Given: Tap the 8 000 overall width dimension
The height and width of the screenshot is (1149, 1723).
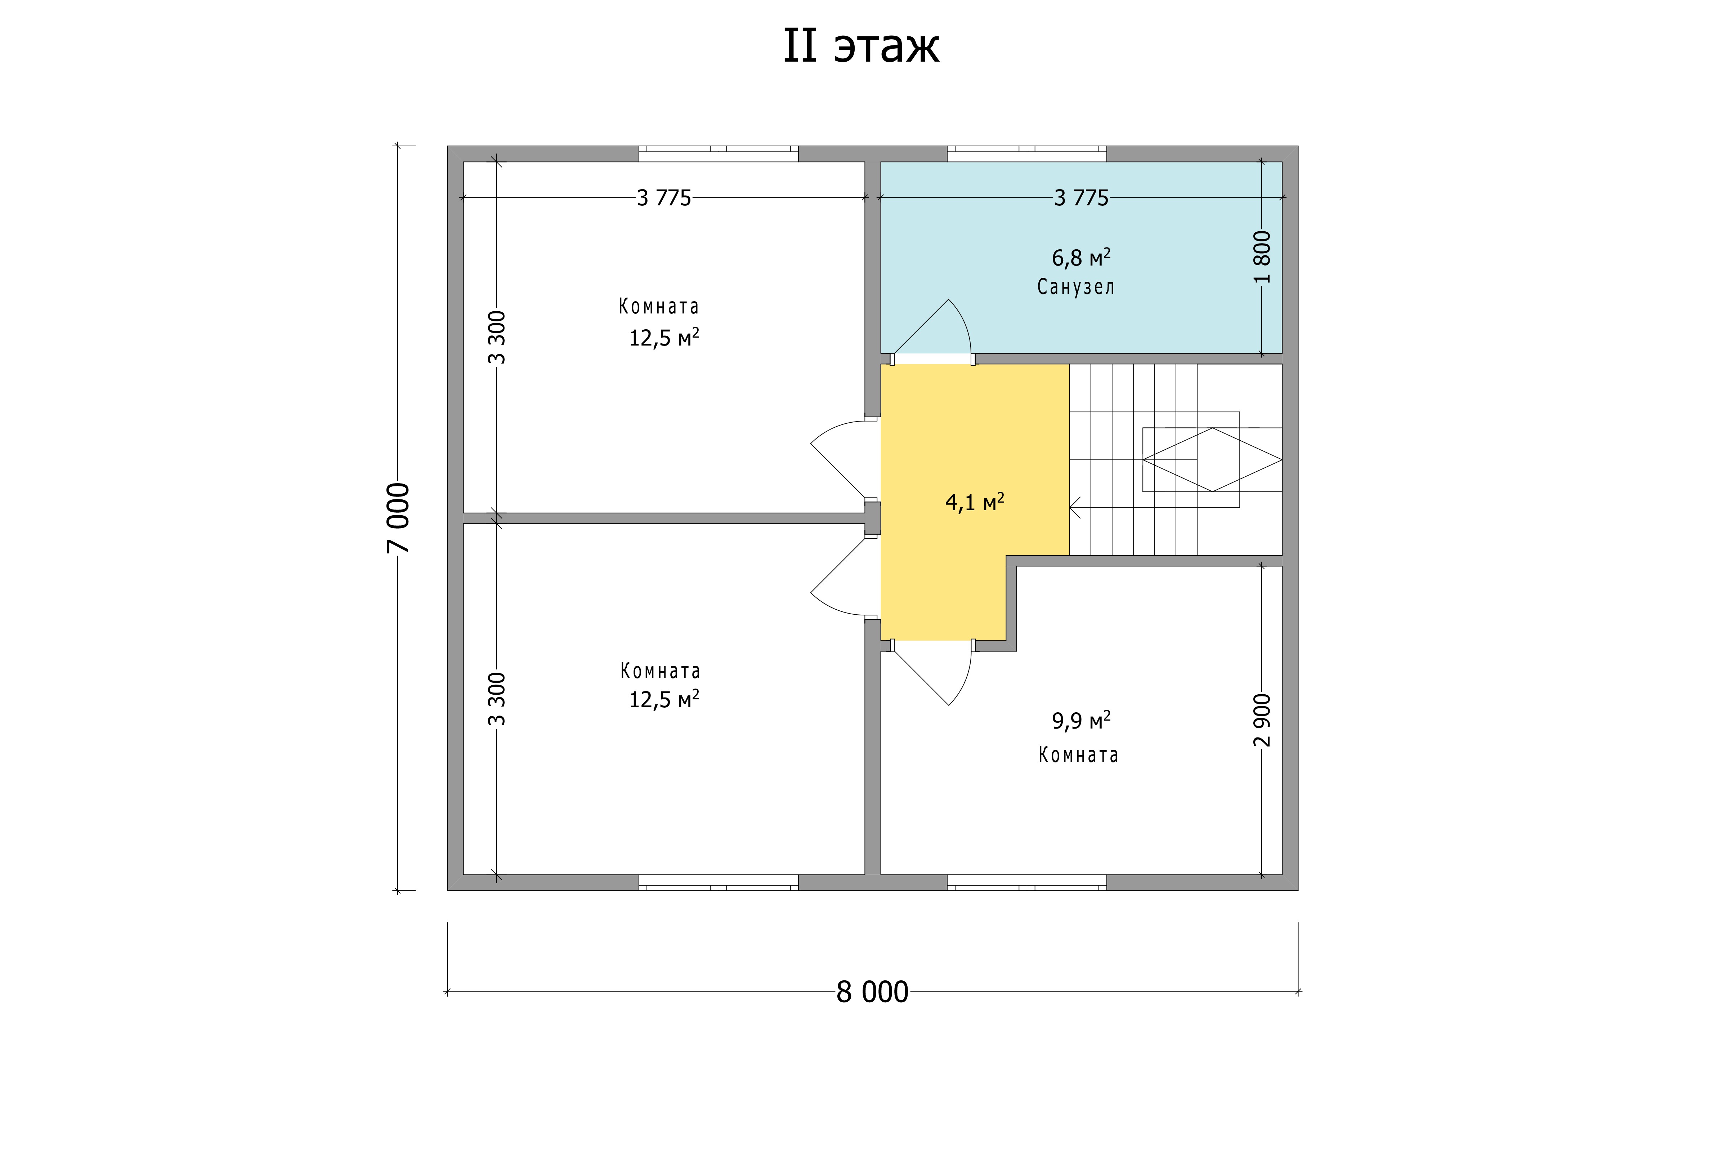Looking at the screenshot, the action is point(873,992).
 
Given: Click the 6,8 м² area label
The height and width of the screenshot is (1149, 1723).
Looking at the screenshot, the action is point(1081,257).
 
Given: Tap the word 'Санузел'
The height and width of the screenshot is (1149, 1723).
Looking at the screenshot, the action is point(1075,286).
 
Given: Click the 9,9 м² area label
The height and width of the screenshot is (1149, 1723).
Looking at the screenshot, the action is point(1081,720).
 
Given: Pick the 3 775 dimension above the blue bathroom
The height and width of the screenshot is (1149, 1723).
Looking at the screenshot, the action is point(1081,198).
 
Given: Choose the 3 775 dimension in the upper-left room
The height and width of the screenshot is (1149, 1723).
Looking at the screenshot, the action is point(664,198).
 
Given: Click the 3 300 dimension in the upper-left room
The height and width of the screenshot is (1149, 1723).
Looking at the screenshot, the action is point(497,337).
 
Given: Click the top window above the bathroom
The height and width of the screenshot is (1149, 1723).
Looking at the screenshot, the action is point(1026,153).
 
